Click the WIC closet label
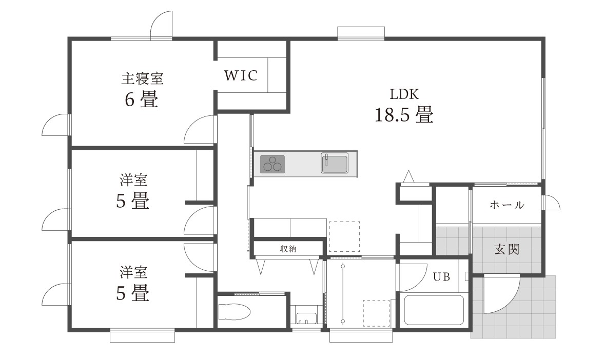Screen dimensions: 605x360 240,75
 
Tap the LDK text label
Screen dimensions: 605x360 404,94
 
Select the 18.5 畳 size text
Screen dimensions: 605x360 404,114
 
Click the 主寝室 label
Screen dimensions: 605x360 142,78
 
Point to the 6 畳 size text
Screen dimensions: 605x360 141,100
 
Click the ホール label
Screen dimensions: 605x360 506,205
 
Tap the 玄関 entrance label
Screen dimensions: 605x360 506,249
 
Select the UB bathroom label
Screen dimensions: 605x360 441,277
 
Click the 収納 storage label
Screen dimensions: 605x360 288,249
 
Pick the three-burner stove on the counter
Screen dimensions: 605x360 272,164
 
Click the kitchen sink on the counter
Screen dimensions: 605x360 335,163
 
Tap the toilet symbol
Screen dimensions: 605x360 234,312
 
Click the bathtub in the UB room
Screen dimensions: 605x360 434,310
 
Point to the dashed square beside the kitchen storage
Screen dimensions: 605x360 344,236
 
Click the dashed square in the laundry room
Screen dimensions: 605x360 376,313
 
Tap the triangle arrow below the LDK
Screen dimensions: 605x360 408,176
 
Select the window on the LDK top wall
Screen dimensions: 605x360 361,33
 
